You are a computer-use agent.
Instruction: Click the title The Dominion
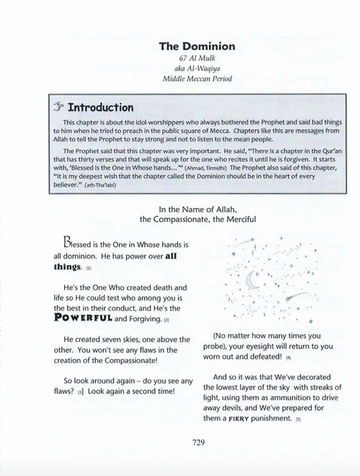tap(180, 46)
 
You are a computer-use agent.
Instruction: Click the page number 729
tap(180, 444)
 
